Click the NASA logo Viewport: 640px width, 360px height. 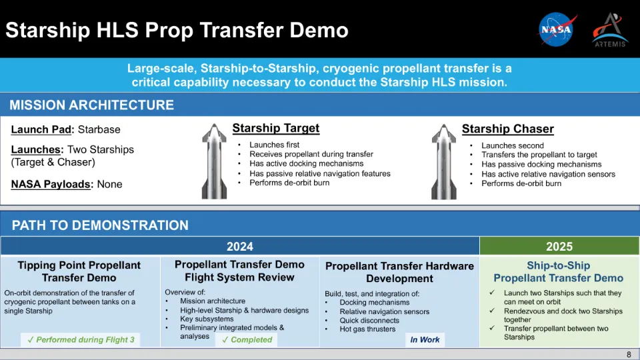click(557, 29)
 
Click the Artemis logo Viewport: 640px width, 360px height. click(610, 30)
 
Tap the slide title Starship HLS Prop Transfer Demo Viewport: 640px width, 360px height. click(177, 30)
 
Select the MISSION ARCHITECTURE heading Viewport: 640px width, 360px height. click(91, 105)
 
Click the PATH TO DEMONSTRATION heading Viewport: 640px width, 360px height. click(100, 225)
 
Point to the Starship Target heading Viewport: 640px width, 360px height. click(276, 128)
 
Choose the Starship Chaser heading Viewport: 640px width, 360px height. click(508, 129)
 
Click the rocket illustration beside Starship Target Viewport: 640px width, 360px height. click(214, 161)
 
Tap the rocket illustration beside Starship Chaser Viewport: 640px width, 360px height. click(444, 162)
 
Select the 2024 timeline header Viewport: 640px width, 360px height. click(240, 247)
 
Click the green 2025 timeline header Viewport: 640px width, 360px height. click(559, 247)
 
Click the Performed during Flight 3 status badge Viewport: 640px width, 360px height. click(81, 339)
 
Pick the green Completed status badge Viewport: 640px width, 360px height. click(247, 339)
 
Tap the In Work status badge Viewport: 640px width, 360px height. click(425, 339)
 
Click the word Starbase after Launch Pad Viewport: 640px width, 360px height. click(99, 130)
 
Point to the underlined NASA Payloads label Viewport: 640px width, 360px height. click(51, 184)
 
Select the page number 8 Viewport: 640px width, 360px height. click(629, 354)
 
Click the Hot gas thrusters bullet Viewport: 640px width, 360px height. click(367, 329)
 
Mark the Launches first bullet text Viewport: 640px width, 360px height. click(274, 145)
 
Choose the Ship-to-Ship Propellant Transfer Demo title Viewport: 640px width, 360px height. click(559, 272)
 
